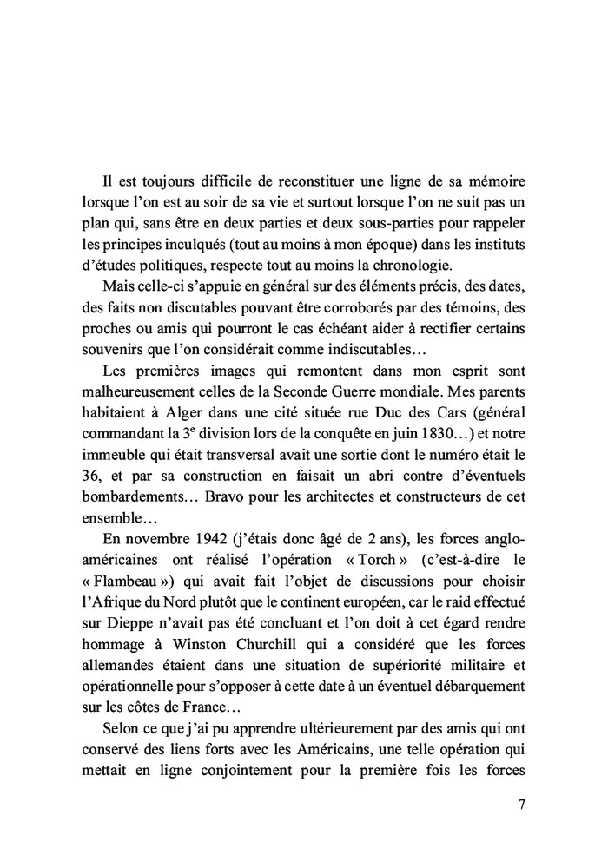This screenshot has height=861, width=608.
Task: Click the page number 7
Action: tap(521, 804)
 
